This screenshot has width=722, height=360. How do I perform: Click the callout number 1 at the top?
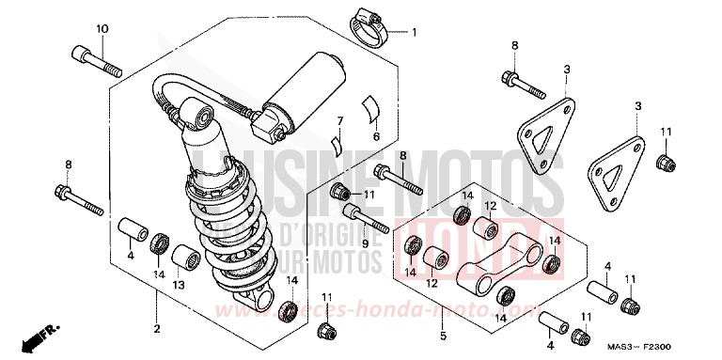click(x=412, y=32)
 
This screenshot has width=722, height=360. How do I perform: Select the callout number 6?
click(x=341, y=120)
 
